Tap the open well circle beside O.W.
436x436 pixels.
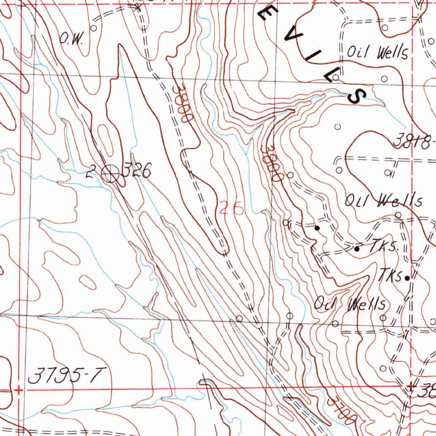(x=93, y=28)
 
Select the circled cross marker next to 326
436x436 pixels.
(x=111, y=173)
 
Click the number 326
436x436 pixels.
(x=137, y=172)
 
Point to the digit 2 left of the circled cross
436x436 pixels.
(x=90, y=173)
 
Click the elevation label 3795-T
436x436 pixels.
(x=67, y=376)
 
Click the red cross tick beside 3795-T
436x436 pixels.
(x=18, y=389)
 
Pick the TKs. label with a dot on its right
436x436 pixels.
(x=391, y=276)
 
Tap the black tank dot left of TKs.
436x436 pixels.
(x=357, y=249)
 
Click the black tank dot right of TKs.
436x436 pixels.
(x=407, y=278)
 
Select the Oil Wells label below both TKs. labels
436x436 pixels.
(x=350, y=304)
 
